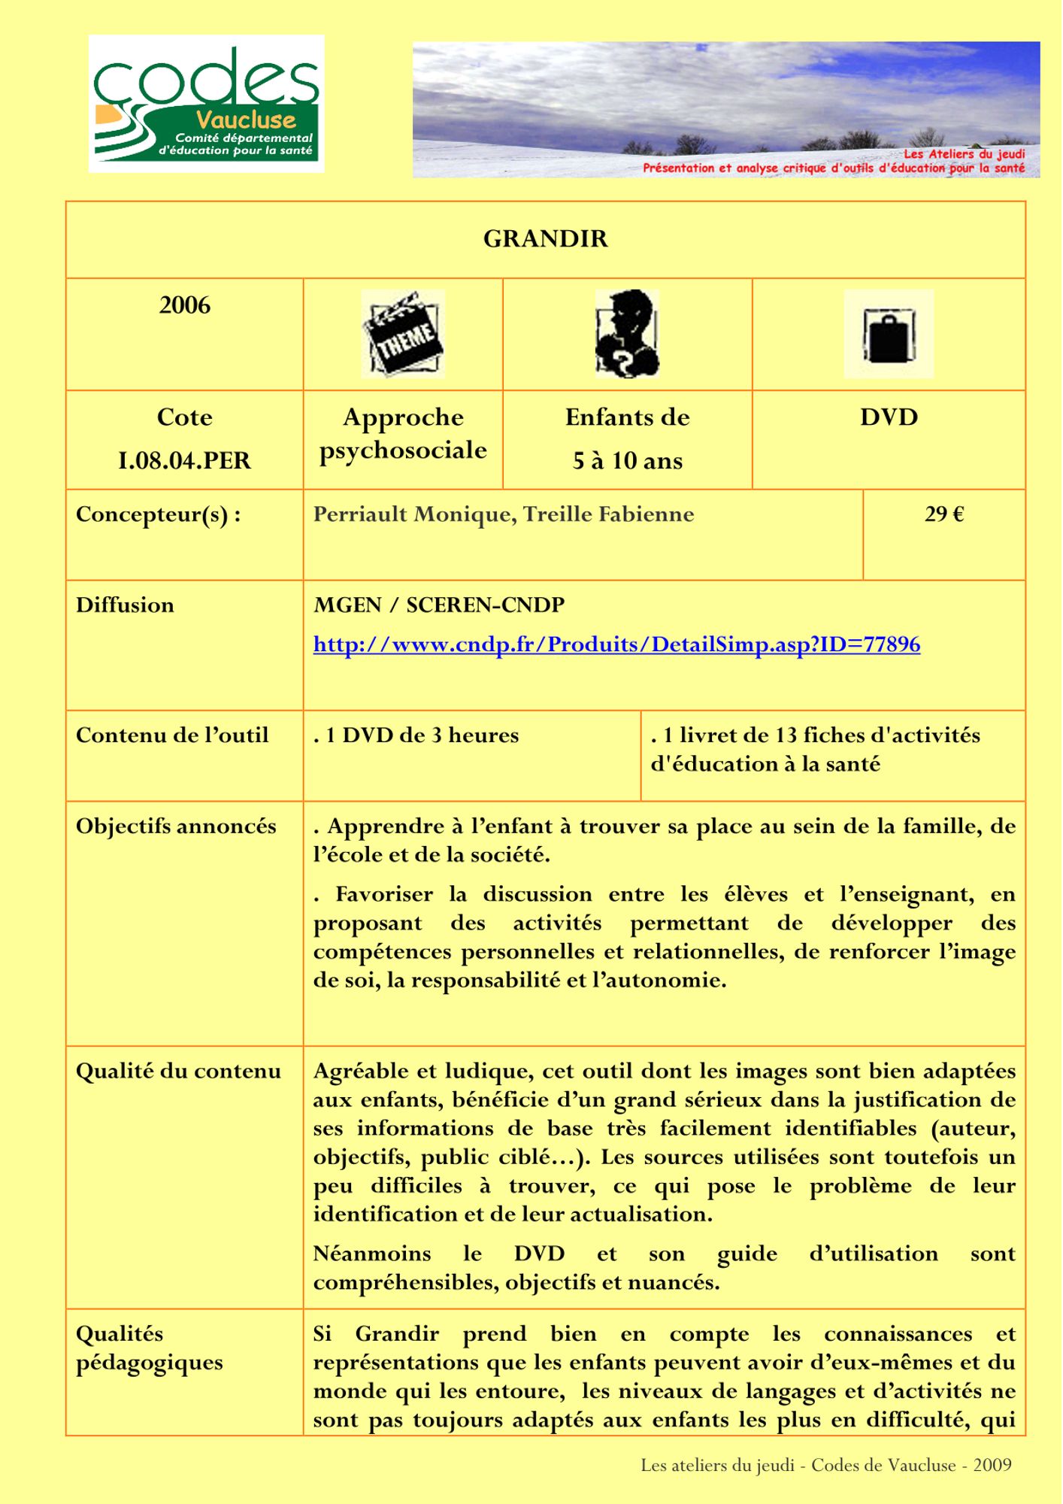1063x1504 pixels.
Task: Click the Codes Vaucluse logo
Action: (207, 104)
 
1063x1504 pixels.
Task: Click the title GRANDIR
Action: (545, 239)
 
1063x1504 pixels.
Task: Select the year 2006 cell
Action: (184, 305)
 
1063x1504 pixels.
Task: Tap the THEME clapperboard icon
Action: (403, 334)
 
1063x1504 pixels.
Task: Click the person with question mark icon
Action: (627, 334)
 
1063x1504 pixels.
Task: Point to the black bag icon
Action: (889, 334)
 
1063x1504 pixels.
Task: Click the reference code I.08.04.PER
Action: (184, 460)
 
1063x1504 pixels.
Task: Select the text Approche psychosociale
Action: (403, 433)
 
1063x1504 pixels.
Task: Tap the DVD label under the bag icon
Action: (889, 417)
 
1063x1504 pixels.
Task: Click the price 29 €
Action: (944, 514)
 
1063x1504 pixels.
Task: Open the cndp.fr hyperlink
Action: (616, 644)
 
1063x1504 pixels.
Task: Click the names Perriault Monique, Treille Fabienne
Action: (504, 514)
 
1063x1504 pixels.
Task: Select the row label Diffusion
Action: (125, 605)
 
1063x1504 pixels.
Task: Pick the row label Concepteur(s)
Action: (158, 514)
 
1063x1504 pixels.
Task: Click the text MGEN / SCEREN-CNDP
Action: (439, 605)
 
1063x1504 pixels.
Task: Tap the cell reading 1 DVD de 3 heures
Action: (416, 735)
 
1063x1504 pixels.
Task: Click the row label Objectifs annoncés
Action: (176, 826)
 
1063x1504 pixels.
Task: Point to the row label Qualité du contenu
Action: (178, 1071)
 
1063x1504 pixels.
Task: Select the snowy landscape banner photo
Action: (725, 109)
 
